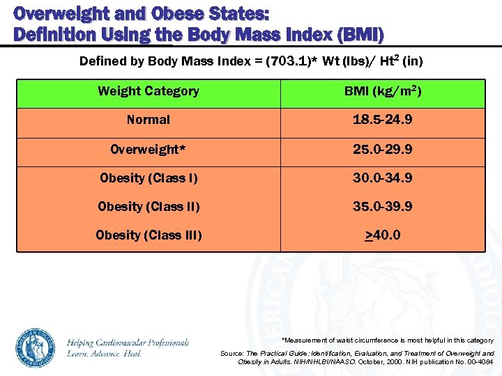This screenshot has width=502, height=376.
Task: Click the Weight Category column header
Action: coord(149,91)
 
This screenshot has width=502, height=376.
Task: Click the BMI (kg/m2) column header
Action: coord(382,91)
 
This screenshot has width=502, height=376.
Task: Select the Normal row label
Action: coord(149,120)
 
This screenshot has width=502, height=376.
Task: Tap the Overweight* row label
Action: coord(149,149)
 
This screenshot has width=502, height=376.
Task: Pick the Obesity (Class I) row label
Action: coord(149,178)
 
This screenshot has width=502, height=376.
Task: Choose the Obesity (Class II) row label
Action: coord(149,207)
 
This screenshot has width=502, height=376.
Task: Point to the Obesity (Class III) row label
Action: coord(149,235)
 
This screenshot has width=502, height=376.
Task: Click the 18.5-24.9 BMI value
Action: coord(382,120)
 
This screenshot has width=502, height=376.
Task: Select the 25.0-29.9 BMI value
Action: coord(382,149)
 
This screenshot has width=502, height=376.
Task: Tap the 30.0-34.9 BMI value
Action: coord(382,178)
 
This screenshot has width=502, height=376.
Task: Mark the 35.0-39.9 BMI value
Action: coord(382,207)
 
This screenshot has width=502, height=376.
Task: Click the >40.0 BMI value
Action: coord(382,235)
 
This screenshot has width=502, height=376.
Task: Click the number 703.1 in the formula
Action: coord(292,61)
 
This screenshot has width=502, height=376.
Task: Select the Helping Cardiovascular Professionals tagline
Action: coord(128,343)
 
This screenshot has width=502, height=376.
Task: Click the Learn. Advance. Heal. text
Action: coord(105,354)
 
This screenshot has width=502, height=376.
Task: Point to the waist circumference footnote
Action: coord(387,340)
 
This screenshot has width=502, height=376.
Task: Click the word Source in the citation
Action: coord(231,354)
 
